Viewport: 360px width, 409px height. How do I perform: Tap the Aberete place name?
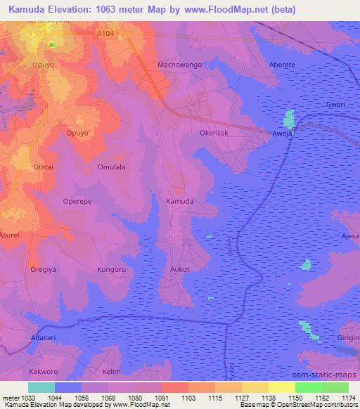(283, 65)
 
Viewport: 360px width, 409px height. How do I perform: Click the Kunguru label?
(110, 268)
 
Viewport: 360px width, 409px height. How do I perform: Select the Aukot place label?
(180, 268)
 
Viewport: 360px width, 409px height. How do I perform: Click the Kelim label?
(112, 370)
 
